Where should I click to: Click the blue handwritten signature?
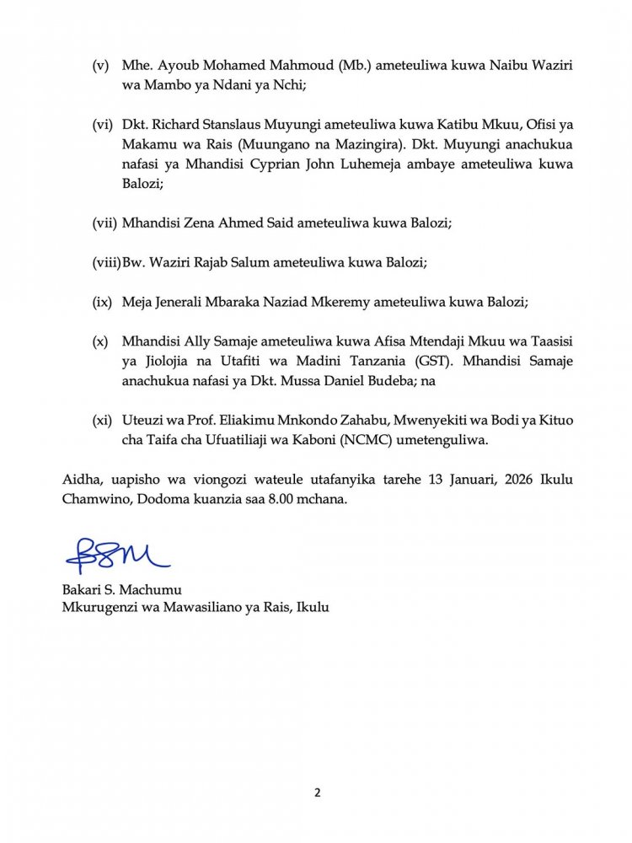pyautogui.click(x=117, y=556)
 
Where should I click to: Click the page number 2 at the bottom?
pyautogui.click(x=317, y=792)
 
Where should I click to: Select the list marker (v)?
pyautogui.click(x=100, y=67)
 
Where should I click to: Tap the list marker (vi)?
pyautogui.click(x=102, y=125)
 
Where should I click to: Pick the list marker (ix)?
pyautogui.click(x=102, y=301)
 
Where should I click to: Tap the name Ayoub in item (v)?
pyautogui.click(x=172, y=67)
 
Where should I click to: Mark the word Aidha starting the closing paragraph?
pyautogui.click(x=80, y=480)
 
